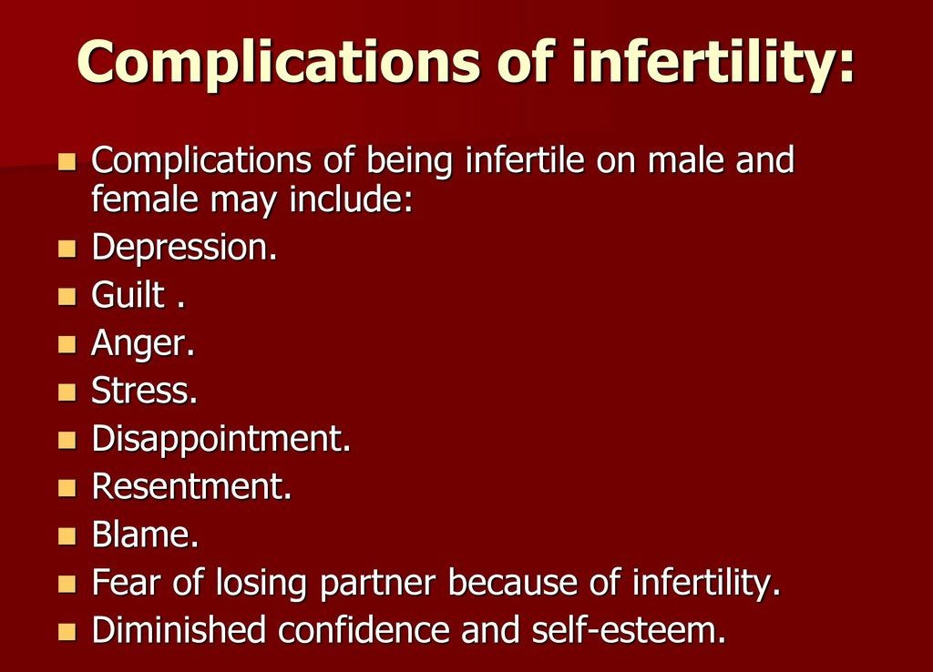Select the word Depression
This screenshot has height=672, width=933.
pos(184,248)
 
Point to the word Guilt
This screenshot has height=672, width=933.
pos(128,295)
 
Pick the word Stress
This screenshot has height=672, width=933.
pos(144,391)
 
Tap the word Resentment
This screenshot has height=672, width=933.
pos(191,486)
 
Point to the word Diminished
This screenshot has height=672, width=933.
pos(179,630)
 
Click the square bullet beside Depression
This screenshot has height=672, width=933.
pos(67,249)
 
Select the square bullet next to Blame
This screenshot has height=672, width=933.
pos(67,535)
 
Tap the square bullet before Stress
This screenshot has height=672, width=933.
pos(67,392)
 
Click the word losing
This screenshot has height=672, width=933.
pos(261,584)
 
